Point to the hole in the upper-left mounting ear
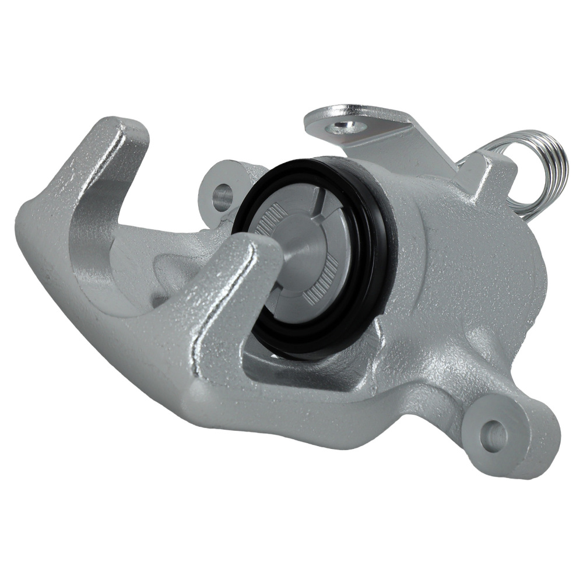click(222, 196)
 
